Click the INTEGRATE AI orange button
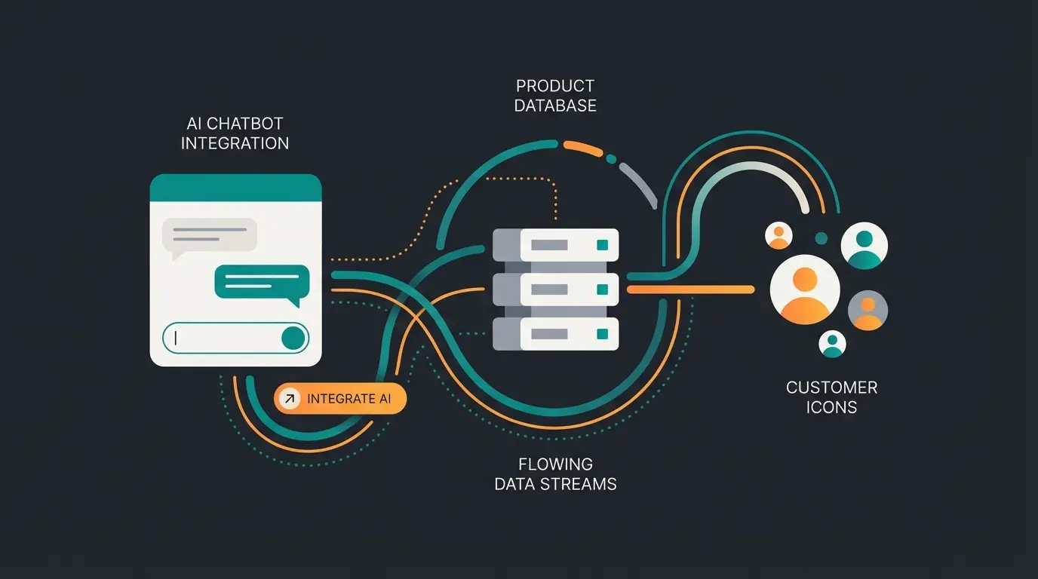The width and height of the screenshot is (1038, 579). (x=341, y=399)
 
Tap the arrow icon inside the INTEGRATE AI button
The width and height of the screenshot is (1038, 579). (x=289, y=399)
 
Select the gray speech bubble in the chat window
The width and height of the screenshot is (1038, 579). (x=210, y=235)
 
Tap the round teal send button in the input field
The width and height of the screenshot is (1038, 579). (x=293, y=338)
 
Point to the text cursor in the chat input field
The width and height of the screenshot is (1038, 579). (x=176, y=338)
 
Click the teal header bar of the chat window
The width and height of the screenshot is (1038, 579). (x=236, y=188)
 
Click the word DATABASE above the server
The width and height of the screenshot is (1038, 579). (x=555, y=106)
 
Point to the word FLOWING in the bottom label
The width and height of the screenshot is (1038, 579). (x=555, y=464)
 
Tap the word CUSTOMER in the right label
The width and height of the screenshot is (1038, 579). (x=831, y=388)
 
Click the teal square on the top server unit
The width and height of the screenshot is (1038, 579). (x=602, y=245)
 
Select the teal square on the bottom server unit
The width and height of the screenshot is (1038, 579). (x=602, y=334)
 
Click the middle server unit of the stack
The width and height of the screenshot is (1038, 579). (x=556, y=289)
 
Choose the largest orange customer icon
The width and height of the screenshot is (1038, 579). (x=805, y=289)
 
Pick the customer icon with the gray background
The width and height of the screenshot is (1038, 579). (x=868, y=310)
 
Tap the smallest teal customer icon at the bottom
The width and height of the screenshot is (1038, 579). (x=833, y=344)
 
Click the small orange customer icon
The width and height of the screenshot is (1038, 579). (x=778, y=236)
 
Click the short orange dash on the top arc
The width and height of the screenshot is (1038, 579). (x=583, y=148)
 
